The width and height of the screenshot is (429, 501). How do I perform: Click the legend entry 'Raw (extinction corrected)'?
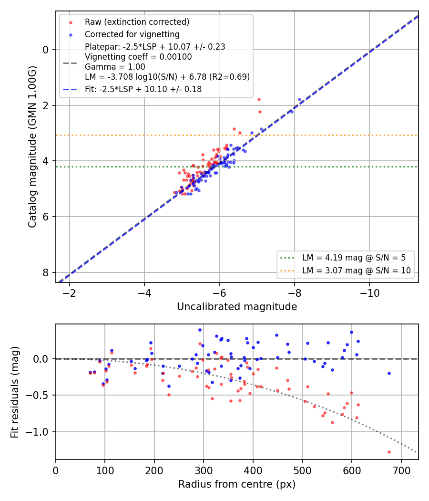coord(137,22)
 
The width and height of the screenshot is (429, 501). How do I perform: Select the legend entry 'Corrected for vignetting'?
coord(132,34)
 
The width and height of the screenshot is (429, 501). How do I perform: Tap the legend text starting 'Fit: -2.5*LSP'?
coord(143,89)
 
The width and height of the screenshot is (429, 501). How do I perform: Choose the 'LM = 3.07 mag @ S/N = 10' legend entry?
coord(357,271)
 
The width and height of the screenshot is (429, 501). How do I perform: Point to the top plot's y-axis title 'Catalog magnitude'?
coord(32,147)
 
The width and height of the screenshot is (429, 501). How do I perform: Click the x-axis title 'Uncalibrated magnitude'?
coord(237,307)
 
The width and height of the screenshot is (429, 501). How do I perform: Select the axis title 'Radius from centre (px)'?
coord(237,484)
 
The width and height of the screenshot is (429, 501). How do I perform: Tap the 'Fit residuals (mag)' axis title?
coord(15,392)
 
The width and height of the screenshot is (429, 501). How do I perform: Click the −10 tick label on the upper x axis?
coord(369,293)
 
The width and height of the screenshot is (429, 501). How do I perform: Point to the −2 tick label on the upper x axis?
coord(69,293)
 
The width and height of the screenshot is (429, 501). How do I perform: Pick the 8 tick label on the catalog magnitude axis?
coord(46,272)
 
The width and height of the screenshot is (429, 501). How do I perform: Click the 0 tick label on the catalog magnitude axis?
coord(46,50)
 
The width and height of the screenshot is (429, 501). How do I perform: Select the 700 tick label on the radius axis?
coord(401,470)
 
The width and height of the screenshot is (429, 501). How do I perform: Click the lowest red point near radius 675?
coord(389,452)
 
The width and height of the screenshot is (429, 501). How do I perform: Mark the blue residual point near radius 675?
coord(389,374)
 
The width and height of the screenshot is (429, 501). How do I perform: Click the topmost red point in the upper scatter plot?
coord(259,100)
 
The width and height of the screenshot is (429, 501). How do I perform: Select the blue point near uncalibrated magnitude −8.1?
coord(299,100)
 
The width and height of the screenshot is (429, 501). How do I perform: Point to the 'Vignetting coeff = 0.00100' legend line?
coord(138,57)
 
